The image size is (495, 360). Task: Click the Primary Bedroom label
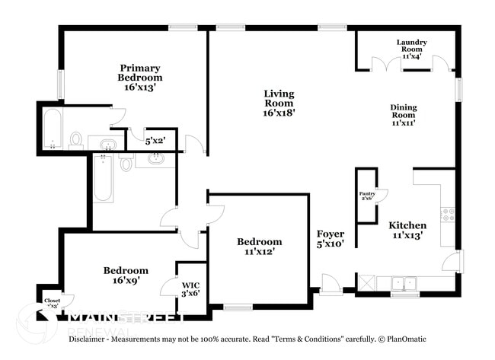[139, 77]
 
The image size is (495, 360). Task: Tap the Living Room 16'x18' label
[279, 103]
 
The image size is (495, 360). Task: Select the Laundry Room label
[411, 49]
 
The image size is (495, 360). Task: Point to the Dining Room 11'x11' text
[404, 115]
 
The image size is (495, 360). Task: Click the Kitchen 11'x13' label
[407, 231]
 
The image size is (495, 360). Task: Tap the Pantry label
[367, 196]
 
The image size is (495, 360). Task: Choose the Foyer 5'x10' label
[331, 239]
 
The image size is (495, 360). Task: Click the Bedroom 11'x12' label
[258, 247]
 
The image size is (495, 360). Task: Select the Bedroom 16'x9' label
[126, 275]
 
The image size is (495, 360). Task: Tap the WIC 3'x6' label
[190, 290]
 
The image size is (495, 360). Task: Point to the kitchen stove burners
[447, 215]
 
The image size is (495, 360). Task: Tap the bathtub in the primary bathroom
[53, 129]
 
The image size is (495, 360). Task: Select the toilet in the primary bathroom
[76, 139]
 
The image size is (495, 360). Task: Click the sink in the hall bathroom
[157, 159]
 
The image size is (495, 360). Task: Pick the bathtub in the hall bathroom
[103, 178]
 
